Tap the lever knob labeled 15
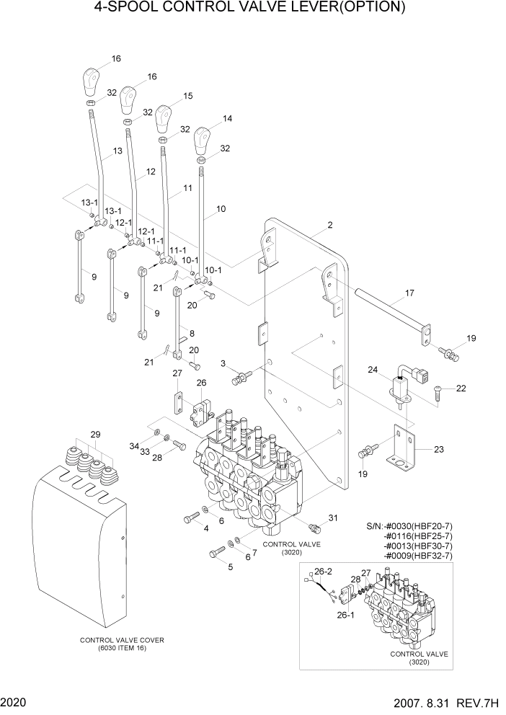coord(164,116)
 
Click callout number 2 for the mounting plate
coord(329,226)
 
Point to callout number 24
coord(373,370)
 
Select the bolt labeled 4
coord(192,517)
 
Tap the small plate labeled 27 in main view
coord(176,403)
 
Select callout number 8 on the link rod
coord(191,334)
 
